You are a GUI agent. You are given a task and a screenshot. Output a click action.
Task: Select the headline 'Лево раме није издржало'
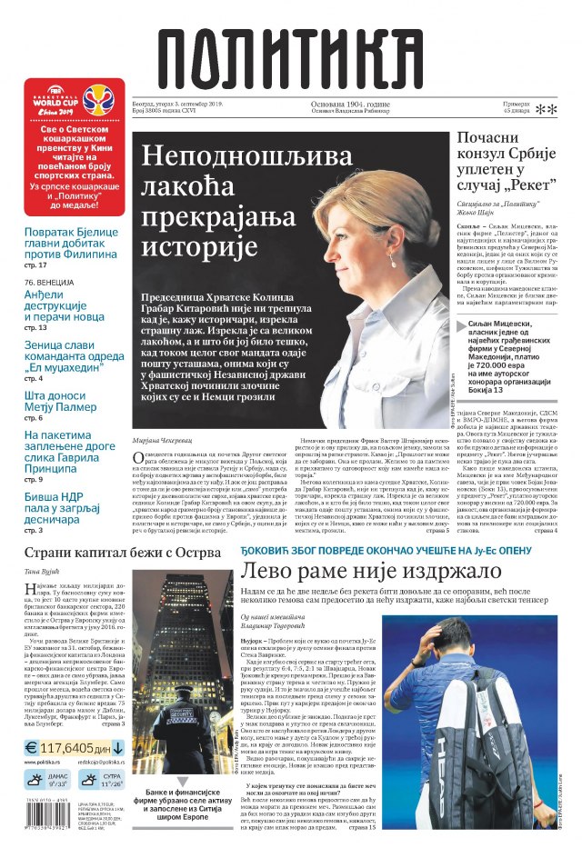click(x=370, y=572)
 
